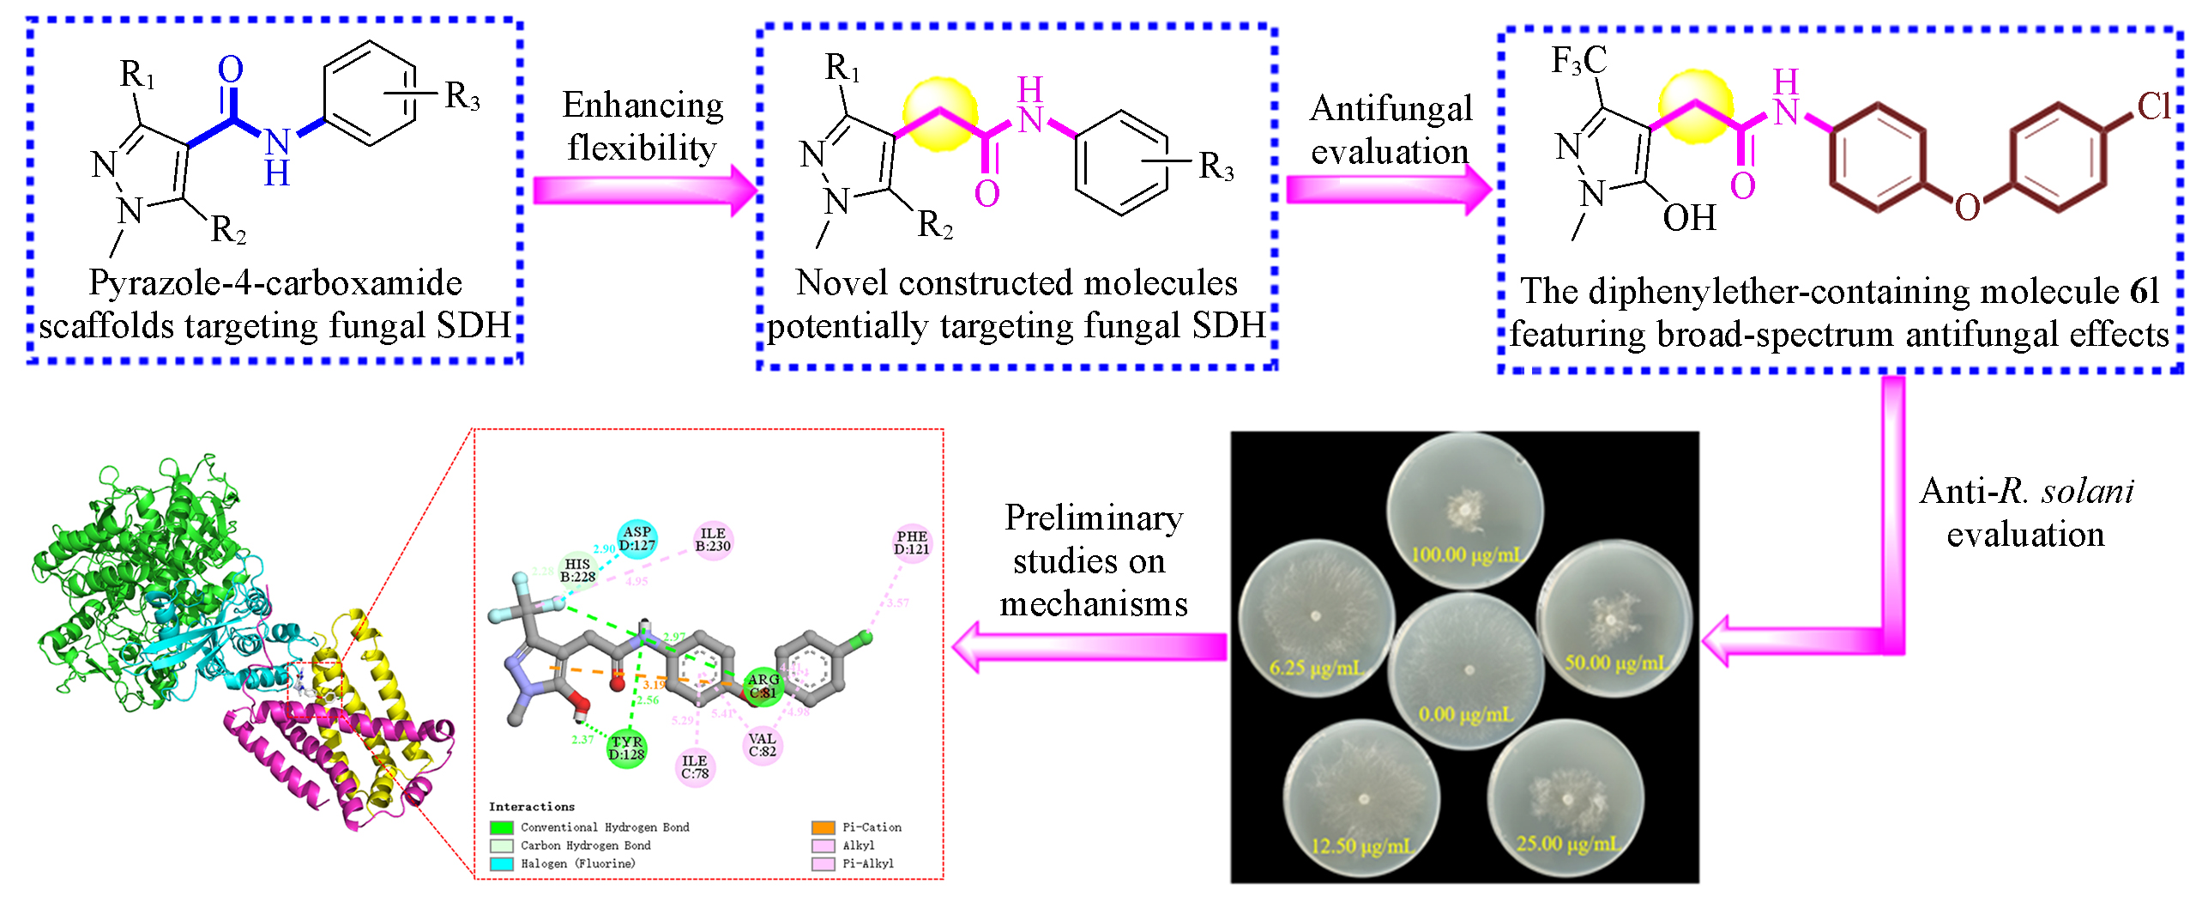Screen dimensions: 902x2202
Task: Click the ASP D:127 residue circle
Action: [636, 538]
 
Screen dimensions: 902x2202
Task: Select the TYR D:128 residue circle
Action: [626, 748]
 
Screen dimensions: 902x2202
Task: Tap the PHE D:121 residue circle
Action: [911, 542]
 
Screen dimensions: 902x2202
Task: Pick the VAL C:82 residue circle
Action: [762, 745]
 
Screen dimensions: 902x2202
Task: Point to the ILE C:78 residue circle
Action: [695, 766]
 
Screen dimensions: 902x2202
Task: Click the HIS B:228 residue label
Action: [577, 571]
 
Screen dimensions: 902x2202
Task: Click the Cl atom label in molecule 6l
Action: [2153, 107]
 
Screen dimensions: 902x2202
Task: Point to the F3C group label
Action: [1578, 61]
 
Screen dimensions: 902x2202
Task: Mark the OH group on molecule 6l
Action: [1689, 218]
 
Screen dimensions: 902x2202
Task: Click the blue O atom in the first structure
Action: [230, 70]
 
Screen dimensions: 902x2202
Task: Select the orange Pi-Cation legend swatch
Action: [823, 827]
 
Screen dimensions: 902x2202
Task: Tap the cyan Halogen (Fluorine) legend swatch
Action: [501, 863]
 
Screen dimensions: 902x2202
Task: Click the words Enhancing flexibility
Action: [643, 126]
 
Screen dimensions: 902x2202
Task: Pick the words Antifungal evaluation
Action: [1391, 130]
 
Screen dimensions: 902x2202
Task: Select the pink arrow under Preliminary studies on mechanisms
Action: [1089, 647]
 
